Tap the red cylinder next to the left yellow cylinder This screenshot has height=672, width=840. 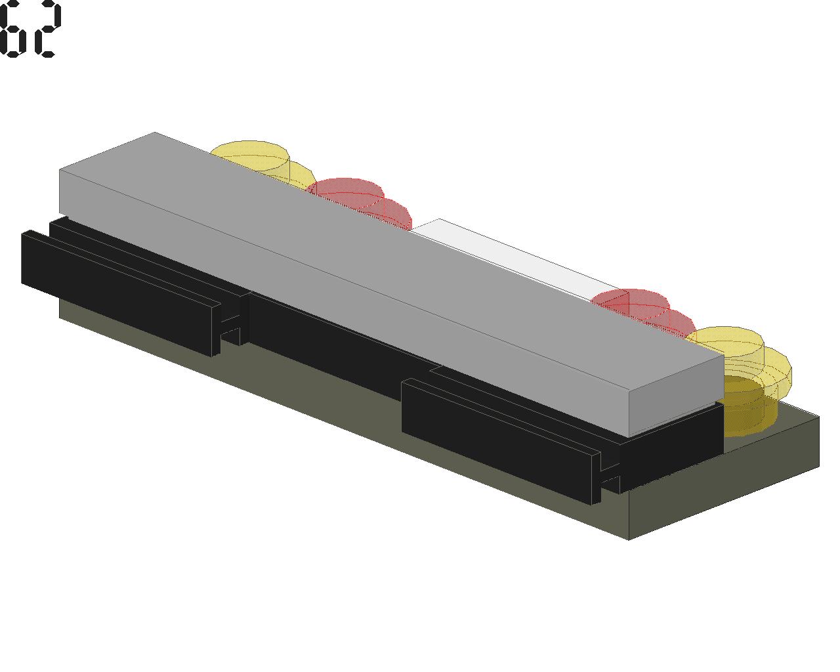coord(359,201)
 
